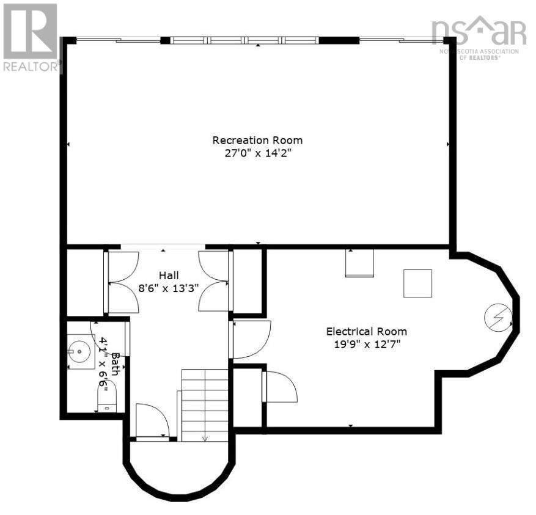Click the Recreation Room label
point(257,140)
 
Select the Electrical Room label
point(366,331)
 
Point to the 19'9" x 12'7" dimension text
point(366,345)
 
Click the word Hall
point(169,276)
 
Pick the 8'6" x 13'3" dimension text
point(169,289)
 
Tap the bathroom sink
point(78,351)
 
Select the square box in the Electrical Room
point(417,283)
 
